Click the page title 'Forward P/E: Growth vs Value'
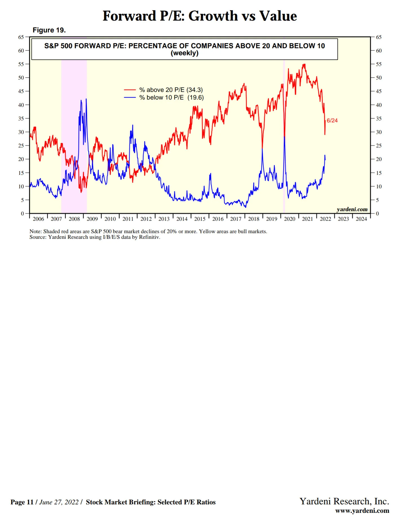(x=200, y=16)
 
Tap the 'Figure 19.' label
(x=49, y=30)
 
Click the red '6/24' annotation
(x=332, y=120)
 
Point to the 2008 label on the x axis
(x=74, y=219)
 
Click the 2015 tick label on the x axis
(x=200, y=219)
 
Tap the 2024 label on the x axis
(x=361, y=219)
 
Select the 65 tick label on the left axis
(x=21, y=37)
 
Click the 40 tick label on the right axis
(x=379, y=105)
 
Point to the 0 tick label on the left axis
(x=23, y=214)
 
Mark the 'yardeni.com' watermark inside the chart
(x=352, y=209)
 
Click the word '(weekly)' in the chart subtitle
(x=185, y=53)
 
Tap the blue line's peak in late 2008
(x=86, y=99)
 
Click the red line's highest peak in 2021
(x=304, y=65)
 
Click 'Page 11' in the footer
(x=22, y=502)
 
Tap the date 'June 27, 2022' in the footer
(x=59, y=502)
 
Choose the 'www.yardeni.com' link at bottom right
(x=362, y=511)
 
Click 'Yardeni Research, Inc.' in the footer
(x=344, y=501)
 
